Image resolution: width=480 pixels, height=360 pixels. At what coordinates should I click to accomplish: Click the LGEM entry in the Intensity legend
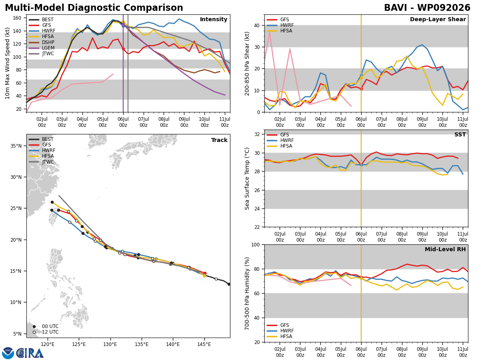41,48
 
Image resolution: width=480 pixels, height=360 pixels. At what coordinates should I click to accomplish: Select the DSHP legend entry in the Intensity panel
41,42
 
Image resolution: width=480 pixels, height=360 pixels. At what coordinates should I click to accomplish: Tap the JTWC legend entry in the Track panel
41,162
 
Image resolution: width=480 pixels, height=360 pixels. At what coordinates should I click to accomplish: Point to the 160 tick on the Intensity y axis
17,18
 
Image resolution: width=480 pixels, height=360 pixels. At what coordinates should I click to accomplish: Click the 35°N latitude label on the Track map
16,146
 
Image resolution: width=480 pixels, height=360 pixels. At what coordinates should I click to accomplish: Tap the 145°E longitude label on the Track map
204,345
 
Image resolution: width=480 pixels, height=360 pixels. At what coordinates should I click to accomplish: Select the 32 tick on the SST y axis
257,134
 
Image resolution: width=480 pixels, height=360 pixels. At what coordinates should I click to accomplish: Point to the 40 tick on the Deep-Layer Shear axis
257,25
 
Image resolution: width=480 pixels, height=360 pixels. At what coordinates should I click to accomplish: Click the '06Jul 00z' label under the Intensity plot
123,122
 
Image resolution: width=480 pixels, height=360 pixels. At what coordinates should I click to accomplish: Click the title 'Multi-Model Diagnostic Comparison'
94,8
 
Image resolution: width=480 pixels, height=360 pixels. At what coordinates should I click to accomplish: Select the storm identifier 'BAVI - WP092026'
427,8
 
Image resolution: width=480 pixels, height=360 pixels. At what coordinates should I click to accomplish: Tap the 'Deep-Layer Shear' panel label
438,19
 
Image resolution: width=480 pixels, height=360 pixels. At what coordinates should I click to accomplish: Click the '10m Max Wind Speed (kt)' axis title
7,63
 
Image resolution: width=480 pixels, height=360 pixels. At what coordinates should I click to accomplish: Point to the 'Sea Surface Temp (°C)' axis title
247,178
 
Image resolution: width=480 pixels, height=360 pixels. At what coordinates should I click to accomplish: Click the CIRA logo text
30,353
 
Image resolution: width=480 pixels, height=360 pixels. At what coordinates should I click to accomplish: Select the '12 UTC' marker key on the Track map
46,332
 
